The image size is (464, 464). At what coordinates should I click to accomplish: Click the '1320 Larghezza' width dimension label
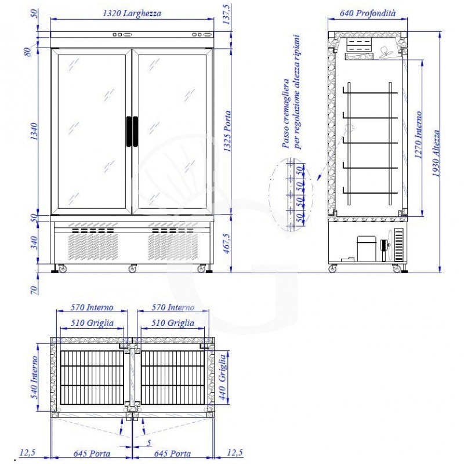click(132, 13)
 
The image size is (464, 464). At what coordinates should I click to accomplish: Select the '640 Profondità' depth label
click(368, 13)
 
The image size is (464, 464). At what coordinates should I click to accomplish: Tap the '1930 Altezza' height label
click(436, 153)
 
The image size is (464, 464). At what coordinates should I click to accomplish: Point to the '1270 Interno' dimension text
click(418, 135)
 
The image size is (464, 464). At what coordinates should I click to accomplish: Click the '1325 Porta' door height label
click(227, 132)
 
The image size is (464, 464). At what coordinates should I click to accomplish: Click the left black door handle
click(129, 132)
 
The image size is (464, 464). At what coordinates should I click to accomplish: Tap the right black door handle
click(135, 132)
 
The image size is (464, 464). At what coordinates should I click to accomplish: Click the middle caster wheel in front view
click(132, 269)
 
